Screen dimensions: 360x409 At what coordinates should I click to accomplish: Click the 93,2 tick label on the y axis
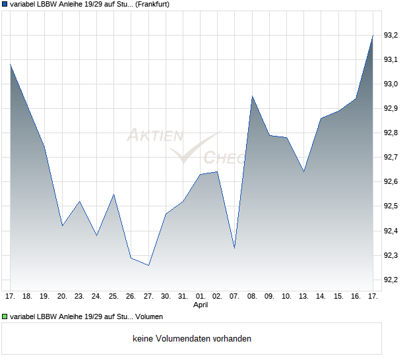pos(391,35)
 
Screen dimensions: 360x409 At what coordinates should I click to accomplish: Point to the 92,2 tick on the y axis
pos(391,280)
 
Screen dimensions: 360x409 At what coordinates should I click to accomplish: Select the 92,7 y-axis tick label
pos(391,157)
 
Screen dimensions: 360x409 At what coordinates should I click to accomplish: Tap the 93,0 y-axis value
pos(391,84)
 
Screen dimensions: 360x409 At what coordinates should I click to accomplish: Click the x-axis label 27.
pos(148,296)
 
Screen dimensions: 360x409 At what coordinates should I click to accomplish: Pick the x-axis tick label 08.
pos(252,296)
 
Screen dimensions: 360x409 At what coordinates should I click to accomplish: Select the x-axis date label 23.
pos(80,296)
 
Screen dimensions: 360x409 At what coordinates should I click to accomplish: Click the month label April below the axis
pos(201,305)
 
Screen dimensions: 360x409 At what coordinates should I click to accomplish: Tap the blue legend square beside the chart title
pos(5,5)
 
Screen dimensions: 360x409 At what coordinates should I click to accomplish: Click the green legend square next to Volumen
pos(5,318)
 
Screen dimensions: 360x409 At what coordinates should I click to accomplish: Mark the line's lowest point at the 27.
pos(149,265)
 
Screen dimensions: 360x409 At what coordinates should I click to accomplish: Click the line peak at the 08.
pos(252,96)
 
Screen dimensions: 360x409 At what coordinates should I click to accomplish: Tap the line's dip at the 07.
pos(235,248)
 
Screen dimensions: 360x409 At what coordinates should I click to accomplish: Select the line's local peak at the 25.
pos(114,195)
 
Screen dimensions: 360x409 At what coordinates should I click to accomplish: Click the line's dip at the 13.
pos(303,171)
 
